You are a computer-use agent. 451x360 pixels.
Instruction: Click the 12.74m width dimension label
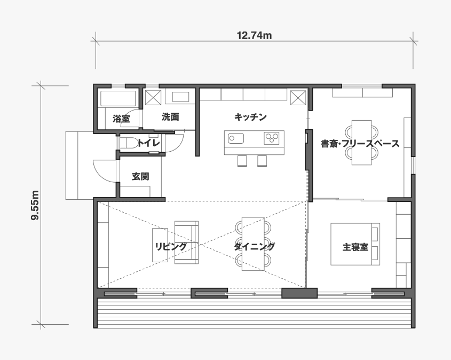pyautogui.click(x=254, y=35)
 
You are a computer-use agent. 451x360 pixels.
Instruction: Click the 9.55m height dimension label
pyautogui.click(x=35, y=205)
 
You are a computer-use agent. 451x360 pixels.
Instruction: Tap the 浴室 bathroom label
pyautogui.click(x=121, y=118)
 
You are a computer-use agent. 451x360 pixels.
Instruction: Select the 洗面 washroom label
pyautogui.click(x=170, y=116)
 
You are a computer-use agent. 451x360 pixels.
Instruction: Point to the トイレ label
pyautogui.click(x=148, y=143)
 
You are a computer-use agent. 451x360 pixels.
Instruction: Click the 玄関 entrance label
pyautogui.click(x=141, y=176)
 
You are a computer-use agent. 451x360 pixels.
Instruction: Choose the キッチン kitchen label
pyautogui.click(x=250, y=117)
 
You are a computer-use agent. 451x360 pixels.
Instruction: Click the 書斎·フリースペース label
pyautogui.click(x=360, y=143)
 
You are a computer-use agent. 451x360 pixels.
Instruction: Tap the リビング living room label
pyautogui.click(x=171, y=247)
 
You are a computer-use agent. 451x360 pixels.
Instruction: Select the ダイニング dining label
pyautogui.click(x=254, y=246)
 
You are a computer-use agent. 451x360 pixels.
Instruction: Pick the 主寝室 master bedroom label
pyautogui.click(x=355, y=247)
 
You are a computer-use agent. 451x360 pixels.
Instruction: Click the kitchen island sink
pyautogui.click(x=236, y=138)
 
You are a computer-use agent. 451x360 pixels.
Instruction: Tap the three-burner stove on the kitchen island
pyautogui.click(x=272, y=138)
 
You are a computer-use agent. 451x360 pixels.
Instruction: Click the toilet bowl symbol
pyautogui.click(x=130, y=143)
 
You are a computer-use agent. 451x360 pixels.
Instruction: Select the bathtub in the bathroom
pyautogui.click(x=118, y=98)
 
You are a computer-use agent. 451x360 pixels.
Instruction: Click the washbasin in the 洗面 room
pyautogui.click(x=180, y=97)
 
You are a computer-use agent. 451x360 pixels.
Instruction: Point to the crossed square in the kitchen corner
pyautogui.click(x=298, y=98)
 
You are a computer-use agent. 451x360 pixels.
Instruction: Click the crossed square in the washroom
pyautogui.click(x=153, y=98)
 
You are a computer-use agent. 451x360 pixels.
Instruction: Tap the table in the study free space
pyautogui.click(x=361, y=143)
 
